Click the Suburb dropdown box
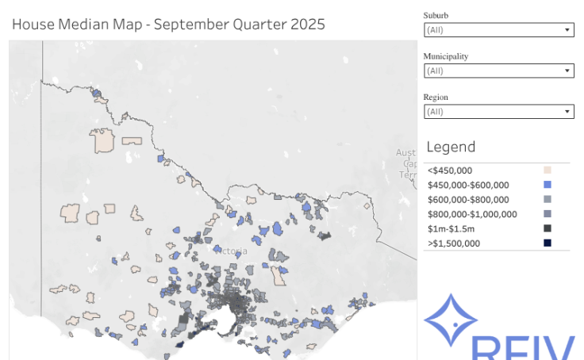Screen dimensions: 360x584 (498, 30)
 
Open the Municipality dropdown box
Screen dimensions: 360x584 (498, 71)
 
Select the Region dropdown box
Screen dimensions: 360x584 (498, 112)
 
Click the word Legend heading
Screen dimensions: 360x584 (451, 147)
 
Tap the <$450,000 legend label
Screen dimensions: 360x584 (450, 170)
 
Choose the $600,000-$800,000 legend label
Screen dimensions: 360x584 (468, 200)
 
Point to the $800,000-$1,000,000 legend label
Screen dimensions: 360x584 (472, 214)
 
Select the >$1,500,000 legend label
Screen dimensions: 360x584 (454, 243)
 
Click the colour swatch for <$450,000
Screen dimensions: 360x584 (547, 170)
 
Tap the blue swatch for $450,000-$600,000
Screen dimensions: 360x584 (547, 185)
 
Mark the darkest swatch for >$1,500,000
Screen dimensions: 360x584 (547, 243)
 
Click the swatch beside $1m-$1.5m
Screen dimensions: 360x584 (547, 228)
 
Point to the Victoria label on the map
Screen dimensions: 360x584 (231, 251)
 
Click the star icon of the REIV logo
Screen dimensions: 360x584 (451, 322)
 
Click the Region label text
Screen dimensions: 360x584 (436, 98)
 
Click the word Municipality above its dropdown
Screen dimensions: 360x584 (445, 56)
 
